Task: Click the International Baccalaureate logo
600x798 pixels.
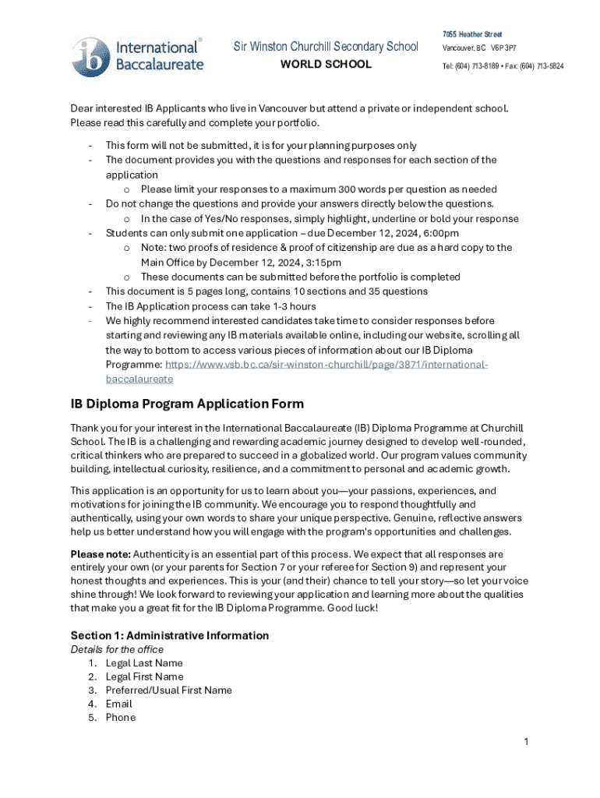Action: click(x=138, y=55)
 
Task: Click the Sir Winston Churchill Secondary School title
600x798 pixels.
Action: click(x=326, y=47)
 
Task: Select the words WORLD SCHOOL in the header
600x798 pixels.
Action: click(x=326, y=65)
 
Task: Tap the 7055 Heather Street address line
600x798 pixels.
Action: click(x=472, y=34)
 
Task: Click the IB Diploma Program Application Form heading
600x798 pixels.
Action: click(x=187, y=404)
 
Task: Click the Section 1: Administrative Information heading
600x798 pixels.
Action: click(x=169, y=635)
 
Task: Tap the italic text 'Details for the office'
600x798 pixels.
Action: click(x=117, y=649)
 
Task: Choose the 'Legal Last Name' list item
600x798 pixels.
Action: click(x=144, y=663)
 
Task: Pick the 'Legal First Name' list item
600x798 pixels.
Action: click(x=144, y=676)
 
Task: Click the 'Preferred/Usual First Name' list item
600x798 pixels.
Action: click(x=168, y=690)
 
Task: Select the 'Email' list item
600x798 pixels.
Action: click(x=118, y=704)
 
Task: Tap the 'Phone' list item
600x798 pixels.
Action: click(x=120, y=717)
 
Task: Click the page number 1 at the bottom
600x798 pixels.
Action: click(x=526, y=742)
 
